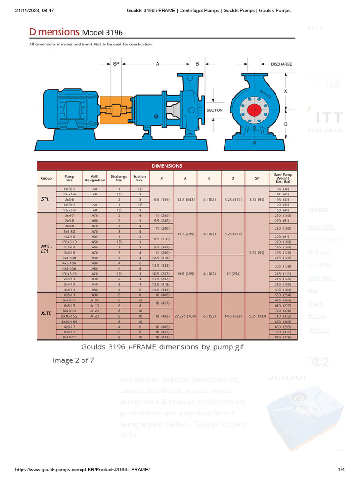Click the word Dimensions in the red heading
(54, 32)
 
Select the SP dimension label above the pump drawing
(116, 64)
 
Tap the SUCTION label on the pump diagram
(215, 110)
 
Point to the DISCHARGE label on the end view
(281, 64)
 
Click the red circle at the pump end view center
(254, 110)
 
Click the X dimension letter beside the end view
(285, 91)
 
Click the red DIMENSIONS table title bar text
(167, 165)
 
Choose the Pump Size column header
(69, 178)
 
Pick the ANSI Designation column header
(95, 178)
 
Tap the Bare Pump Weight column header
(283, 178)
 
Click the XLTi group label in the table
(46, 314)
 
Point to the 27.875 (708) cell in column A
(185, 317)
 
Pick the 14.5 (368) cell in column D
(234, 317)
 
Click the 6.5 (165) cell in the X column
(161, 199)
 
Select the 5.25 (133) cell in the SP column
(257, 317)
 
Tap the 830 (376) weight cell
(283, 337)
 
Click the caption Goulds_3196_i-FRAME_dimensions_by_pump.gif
(163, 347)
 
